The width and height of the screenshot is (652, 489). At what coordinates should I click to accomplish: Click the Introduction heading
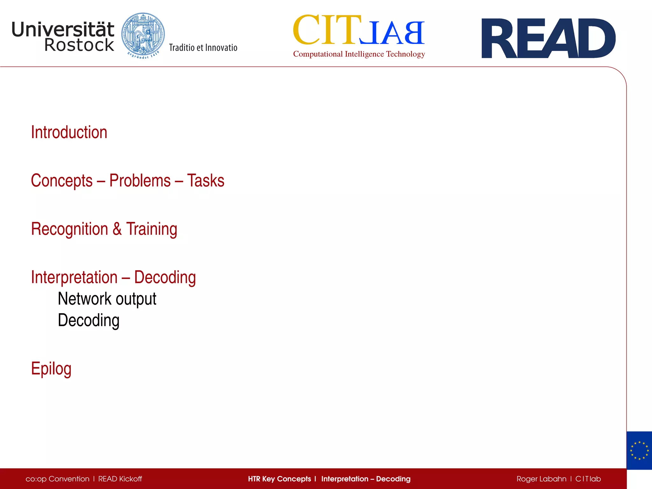click(x=69, y=132)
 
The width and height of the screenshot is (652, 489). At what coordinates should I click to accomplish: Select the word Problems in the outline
click(x=140, y=181)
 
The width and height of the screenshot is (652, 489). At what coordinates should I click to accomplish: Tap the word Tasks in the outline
click(x=206, y=181)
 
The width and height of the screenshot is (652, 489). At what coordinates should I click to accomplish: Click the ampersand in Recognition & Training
click(x=117, y=229)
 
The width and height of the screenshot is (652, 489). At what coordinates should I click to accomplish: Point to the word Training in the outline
click(x=152, y=230)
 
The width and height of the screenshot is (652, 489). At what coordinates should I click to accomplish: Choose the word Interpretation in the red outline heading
click(x=74, y=277)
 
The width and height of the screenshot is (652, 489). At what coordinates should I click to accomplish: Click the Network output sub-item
click(x=107, y=299)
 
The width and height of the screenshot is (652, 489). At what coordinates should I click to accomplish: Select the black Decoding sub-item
click(x=89, y=321)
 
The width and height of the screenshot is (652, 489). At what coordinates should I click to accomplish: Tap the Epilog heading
click(x=51, y=369)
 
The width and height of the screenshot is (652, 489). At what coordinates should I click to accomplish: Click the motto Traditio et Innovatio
click(x=203, y=48)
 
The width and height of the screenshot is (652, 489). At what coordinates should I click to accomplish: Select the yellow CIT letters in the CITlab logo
click(x=327, y=30)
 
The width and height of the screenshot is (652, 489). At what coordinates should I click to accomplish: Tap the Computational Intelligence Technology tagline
click(x=359, y=54)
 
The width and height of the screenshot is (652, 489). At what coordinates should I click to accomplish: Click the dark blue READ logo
click(x=548, y=38)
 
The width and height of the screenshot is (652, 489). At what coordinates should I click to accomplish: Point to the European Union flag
click(x=639, y=450)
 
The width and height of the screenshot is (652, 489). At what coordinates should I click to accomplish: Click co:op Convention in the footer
click(x=58, y=479)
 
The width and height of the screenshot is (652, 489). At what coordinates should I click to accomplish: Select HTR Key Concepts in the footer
click(x=279, y=479)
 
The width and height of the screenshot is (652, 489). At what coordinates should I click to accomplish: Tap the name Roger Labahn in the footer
click(x=541, y=479)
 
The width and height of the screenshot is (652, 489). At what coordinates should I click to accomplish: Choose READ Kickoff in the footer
click(x=120, y=479)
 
